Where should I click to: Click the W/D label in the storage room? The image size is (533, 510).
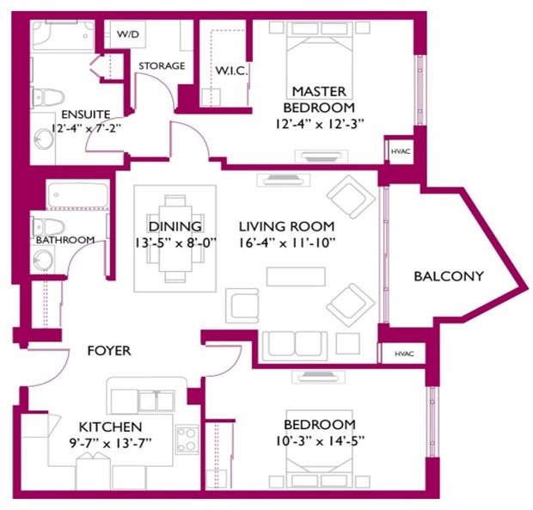[128, 34]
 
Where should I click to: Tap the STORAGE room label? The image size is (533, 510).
[162, 65]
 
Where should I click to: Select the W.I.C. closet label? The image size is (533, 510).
[231, 71]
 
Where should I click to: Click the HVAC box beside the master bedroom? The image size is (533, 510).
[401, 151]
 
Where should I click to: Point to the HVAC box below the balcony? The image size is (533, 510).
[404, 353]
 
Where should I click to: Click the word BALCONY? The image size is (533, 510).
[449, 276]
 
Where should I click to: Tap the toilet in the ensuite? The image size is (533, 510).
[47, 97]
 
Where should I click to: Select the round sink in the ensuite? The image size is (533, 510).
[44, 138]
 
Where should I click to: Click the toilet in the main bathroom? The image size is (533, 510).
[48, 227]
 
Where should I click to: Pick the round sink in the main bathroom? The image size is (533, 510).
[43, 261]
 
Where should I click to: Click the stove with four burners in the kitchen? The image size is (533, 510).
[187, 439]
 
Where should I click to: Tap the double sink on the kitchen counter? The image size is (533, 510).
[156, 401]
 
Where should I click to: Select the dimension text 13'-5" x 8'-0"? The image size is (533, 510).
[175, 243]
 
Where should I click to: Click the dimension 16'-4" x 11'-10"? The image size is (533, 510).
[287, 243]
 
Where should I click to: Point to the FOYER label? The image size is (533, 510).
[109, 351]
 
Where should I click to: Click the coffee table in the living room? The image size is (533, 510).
[296, 276]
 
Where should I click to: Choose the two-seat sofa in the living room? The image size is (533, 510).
[295, 346]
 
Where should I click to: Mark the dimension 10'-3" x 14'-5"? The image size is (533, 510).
[320, 441]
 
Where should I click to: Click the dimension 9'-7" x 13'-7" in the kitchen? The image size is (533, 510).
[110, 443]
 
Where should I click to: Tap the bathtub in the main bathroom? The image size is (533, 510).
[78, 195]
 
